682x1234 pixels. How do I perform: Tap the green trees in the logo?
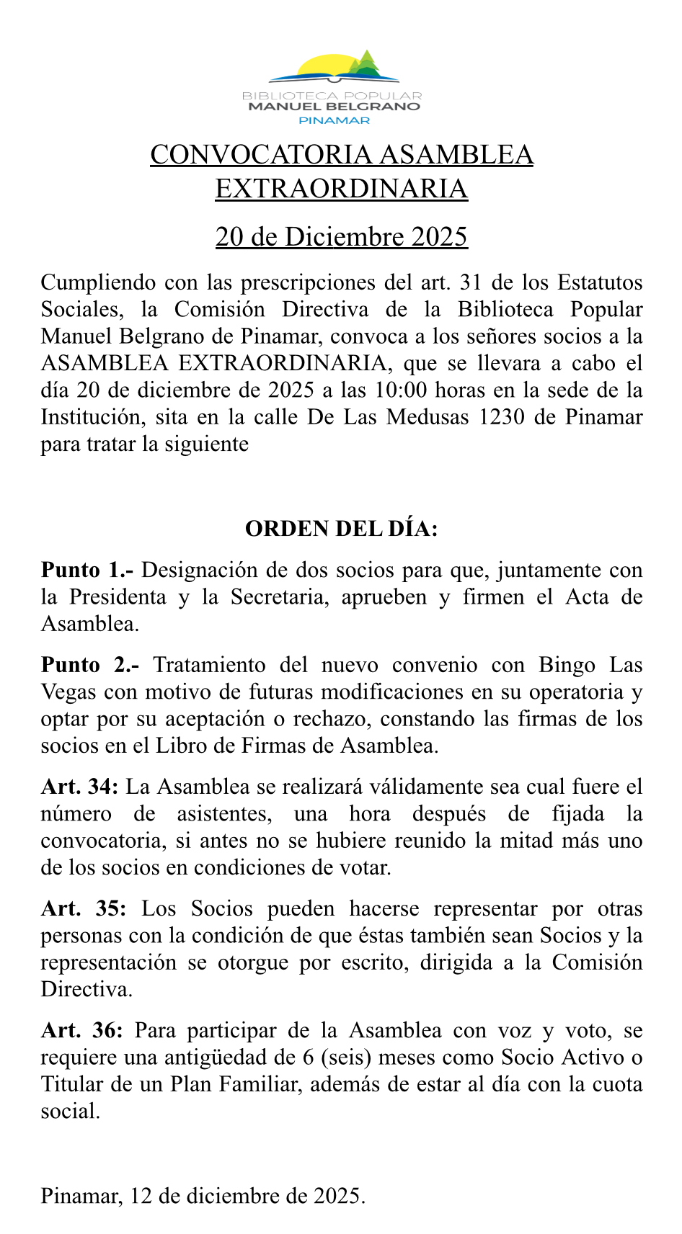[367, 63]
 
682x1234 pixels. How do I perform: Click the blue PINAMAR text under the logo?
[334, 120]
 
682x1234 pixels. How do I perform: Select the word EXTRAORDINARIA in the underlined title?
[341, 189]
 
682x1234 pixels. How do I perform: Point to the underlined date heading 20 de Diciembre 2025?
[341, 236]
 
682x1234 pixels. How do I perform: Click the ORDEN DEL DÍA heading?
[341, 529]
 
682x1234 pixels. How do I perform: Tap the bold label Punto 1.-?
[87, 570]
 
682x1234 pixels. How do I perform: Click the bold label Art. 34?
[79, 787]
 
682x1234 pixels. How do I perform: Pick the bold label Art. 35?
[83, 908]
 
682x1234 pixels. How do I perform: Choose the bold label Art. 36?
[81, 1030]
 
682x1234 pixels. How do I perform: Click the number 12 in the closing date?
[141, 1197]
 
